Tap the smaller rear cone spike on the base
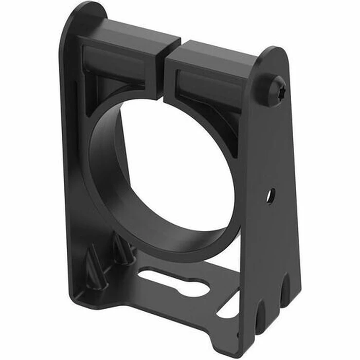[122, 248]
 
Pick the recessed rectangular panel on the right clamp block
[206, 85]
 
